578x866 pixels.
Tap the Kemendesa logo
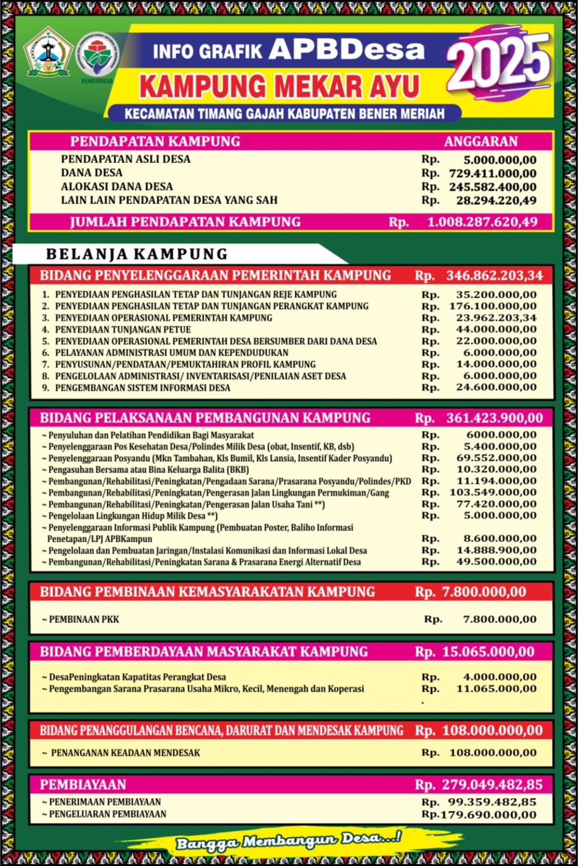98,57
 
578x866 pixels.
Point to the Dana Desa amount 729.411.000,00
492,173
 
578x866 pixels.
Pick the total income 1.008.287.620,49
482,222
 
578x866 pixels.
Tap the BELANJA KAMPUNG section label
137,254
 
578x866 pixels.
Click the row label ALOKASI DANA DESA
117,187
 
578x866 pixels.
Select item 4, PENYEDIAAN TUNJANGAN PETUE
122,329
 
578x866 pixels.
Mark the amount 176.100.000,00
492,306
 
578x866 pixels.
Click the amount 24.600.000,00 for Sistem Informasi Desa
496,387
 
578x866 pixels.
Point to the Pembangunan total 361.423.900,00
494,418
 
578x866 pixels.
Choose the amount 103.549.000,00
496,493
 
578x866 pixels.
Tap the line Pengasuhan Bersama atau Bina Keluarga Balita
148,470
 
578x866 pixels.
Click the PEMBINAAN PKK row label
84,619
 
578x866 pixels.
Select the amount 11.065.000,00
496,688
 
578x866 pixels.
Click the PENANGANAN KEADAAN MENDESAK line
125,753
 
